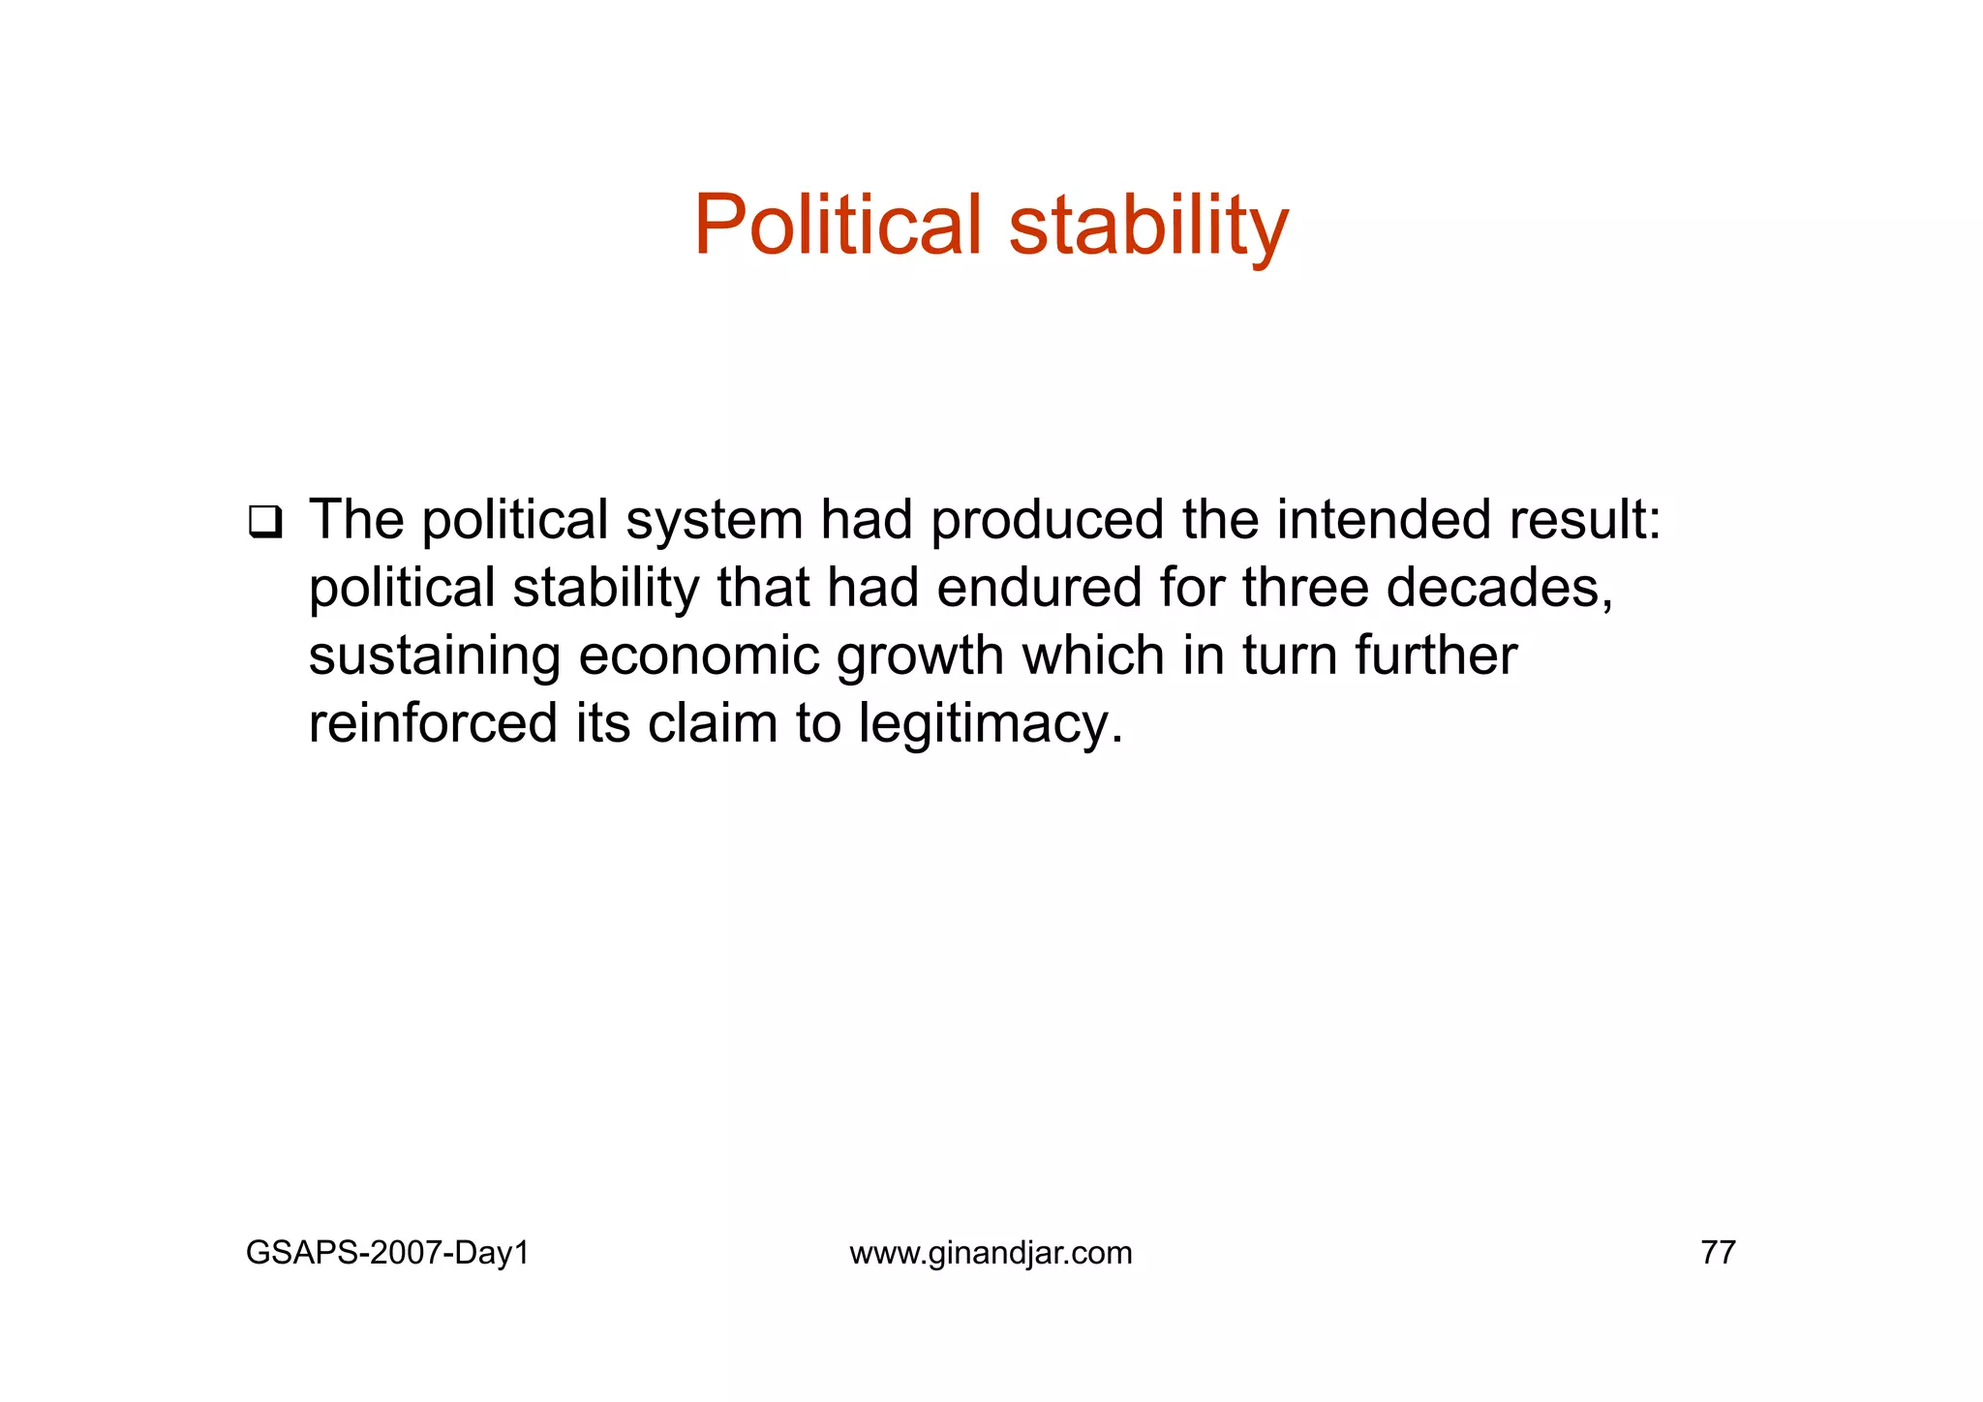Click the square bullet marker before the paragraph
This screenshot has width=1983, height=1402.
point(264,523)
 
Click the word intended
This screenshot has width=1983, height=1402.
point(1384,520)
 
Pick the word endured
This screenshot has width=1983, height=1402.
point(1039,588)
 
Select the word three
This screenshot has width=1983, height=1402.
point(1304,588)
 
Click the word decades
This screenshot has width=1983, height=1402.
point(1499,588)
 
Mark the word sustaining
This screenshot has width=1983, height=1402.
point(435,655)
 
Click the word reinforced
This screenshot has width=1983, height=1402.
point(433,723)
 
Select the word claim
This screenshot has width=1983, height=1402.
point(713,723)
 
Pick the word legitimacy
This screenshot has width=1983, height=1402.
point(990,725)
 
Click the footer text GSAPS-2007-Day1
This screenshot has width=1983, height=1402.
point(387,1253)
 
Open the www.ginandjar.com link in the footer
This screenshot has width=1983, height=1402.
point(991,1253)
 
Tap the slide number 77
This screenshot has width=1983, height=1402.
point(1718,1253)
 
